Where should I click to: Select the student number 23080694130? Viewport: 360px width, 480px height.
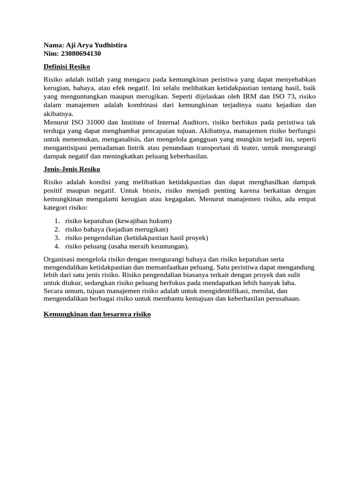point(81,53)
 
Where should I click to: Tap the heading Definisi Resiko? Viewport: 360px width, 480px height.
point(67,67)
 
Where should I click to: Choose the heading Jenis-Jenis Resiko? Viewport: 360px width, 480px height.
point(72,169)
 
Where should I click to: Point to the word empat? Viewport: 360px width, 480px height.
point(306,199)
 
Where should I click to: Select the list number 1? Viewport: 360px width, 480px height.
point(56,221)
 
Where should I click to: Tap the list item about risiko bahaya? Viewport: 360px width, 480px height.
point(117,229)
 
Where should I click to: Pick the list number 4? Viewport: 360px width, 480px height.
point(56,246)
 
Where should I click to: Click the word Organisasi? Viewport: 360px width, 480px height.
point(61,259)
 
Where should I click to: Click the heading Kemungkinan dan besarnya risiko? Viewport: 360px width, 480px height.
point(97,315)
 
